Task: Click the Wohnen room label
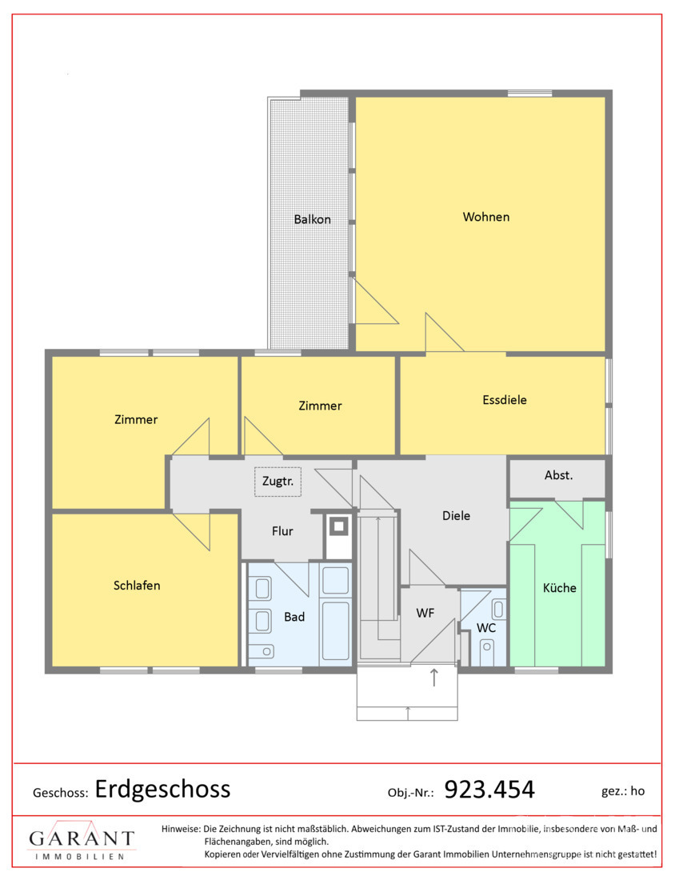486,217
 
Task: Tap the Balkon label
312,219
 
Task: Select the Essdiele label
505,400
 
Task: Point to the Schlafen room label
137,586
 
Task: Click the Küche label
559,588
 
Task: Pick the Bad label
294,618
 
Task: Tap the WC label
486,628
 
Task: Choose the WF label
425,614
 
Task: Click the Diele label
456,516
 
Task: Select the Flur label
282,531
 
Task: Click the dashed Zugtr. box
278,482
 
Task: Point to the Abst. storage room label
558,475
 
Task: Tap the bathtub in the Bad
336,631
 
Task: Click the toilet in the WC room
486,651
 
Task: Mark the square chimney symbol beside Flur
339,526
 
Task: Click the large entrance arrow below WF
433,678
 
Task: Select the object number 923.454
489,790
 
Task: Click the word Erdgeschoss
162,789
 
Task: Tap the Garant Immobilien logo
82,840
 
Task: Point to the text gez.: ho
623,791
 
